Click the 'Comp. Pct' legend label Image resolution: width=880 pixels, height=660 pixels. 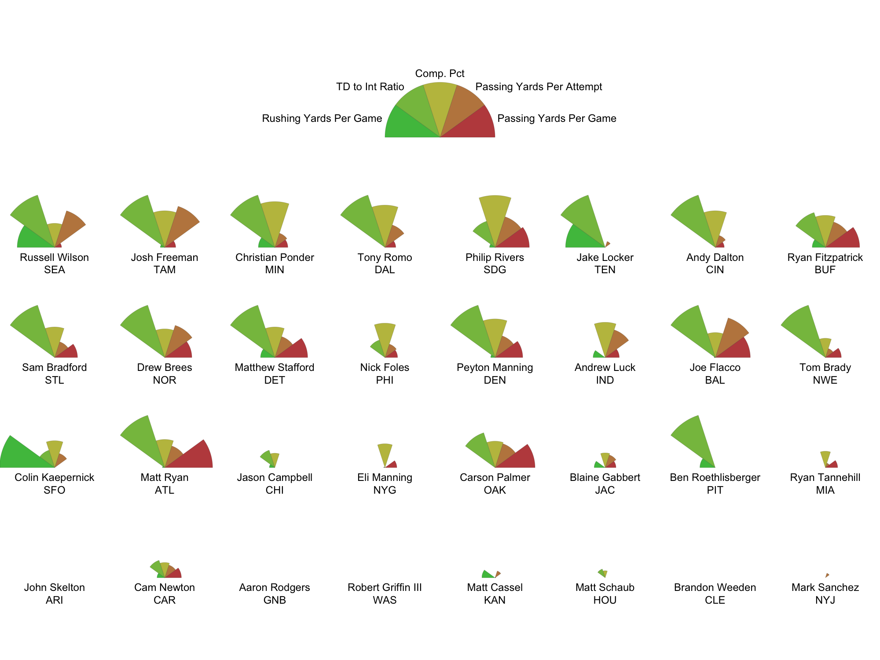pos(440,73)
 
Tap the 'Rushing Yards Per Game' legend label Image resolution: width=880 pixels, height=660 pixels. pos(322,118)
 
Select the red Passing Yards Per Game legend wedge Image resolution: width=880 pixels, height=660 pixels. pos(475,125)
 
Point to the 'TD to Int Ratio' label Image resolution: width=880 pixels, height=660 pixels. pos(370,87)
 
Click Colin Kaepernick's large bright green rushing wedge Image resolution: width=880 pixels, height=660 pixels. pos(22,455)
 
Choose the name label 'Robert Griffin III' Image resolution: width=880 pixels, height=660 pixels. pos(385,587)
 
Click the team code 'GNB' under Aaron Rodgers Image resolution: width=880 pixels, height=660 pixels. pos(275,600)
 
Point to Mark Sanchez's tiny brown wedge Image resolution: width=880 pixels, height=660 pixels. pos(827,575)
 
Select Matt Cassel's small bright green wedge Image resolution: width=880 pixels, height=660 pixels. pos(487,575)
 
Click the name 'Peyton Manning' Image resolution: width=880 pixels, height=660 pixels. pos(495,367)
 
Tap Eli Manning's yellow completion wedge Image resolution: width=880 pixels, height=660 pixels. pos(385,453)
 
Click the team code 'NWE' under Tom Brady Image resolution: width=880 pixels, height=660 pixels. pos(825,380)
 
